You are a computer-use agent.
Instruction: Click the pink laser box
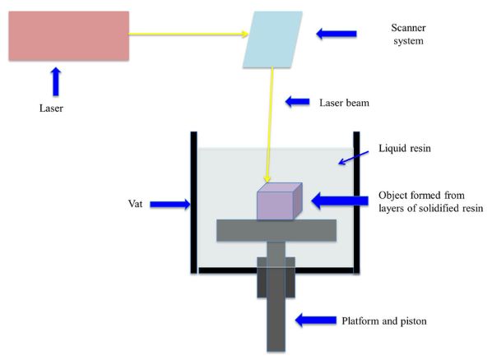point(69,35)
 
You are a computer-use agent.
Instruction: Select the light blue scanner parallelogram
point(272,39)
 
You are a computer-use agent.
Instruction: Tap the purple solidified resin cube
point(280,201)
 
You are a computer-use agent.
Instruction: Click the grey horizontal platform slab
point(276,230)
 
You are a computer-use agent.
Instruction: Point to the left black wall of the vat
point(194,202)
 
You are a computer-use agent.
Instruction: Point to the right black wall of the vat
point(357,202)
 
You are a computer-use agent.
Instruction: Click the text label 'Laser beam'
point(344,103)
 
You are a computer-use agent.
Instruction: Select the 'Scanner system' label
point(408,35)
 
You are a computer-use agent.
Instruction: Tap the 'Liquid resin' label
point(405,148)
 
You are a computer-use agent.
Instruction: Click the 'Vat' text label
point(135,204)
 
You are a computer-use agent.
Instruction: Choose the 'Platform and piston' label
point(384,321)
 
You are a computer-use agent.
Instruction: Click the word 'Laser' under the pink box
point(51,108)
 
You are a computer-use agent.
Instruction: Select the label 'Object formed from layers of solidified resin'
point(430,201)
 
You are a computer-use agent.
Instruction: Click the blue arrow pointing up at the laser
point(56,81)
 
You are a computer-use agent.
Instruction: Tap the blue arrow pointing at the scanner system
point(337,34)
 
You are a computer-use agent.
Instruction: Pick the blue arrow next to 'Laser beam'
point(298,102)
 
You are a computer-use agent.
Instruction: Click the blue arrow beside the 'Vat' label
point(170,205)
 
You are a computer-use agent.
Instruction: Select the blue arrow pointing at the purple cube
point(340,201)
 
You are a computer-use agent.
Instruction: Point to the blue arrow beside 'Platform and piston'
point(316,320)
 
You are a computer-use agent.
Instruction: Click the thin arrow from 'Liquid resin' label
point(354,158)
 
